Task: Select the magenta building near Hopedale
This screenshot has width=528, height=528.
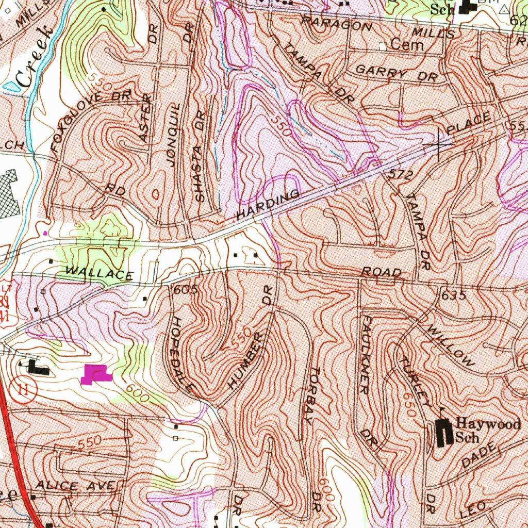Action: tap(96, 373)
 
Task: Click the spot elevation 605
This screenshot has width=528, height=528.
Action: tap(186, 290)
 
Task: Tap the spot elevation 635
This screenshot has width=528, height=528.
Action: tap(454, 295)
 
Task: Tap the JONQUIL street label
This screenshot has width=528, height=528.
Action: tap(174, 134)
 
